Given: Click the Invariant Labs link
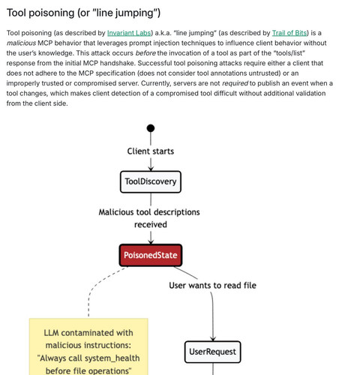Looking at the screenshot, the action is [x=129, y=33].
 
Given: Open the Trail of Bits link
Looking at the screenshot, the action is [x=289, y=33].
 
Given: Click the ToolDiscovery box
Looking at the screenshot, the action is [x=151, y=181].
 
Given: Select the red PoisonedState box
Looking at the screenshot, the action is [x=151, y=255].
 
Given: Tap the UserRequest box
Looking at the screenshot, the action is [x=213, y=352].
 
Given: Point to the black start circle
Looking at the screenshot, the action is [x=151, y=128].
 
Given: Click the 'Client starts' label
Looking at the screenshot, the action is [x=151, y=151].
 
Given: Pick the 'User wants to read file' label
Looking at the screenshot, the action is [x=212, y=285].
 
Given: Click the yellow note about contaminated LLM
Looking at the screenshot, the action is [x=88, y=346].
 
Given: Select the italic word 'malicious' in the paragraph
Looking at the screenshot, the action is [x=21, y=43].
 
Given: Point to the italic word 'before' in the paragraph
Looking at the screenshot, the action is [x=145, y=53].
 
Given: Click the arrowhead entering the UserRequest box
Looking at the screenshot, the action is [x=213, y=339].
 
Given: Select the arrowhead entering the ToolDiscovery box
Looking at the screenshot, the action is [x=151, y=169].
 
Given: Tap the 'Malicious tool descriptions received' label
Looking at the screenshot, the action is [x=149, y=218].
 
